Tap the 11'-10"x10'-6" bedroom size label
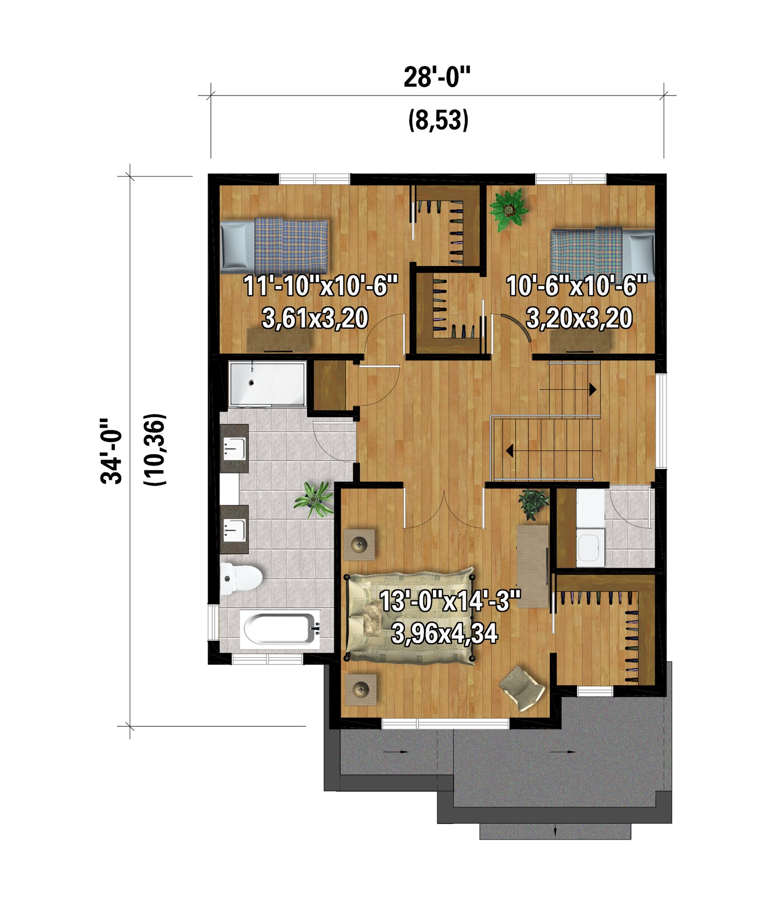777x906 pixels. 321,286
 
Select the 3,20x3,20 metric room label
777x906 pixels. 579,318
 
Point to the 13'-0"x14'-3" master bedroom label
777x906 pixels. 450,600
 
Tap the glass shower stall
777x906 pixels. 267,384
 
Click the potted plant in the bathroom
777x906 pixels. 314,499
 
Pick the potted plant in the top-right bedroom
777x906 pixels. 509,209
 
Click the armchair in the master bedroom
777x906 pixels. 522,688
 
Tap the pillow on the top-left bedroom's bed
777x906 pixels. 237,246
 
